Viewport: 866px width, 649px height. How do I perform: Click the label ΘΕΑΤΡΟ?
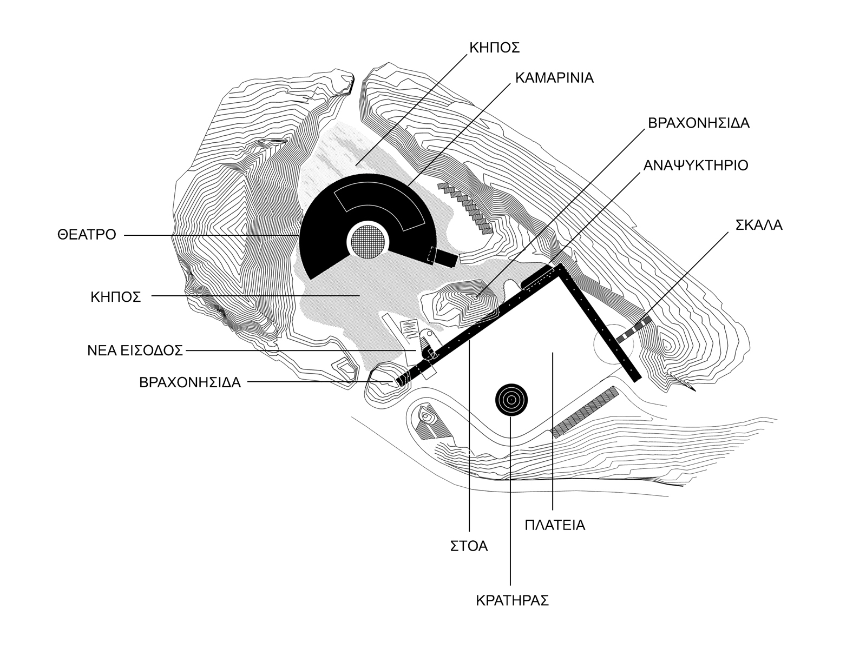point(87,235)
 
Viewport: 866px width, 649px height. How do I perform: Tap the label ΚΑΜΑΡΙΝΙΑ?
point(554,78)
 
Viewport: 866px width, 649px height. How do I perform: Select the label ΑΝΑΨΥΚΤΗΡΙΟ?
point(696,165)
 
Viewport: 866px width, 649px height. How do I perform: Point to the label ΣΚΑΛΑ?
point(759,225)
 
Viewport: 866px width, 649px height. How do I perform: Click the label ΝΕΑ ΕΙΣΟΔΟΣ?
point(135,350)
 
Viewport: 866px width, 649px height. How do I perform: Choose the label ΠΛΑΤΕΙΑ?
point(555,525)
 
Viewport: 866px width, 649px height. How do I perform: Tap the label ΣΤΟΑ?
point(469,546)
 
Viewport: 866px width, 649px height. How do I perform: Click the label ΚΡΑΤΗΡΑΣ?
point(513,600)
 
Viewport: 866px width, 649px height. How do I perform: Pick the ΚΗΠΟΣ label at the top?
point(494,48)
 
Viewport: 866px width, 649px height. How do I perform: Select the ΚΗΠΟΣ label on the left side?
point(116,297)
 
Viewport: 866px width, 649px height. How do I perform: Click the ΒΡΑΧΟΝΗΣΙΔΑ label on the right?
point(699,123)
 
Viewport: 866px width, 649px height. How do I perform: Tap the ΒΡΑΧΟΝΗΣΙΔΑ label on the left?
point(190,382)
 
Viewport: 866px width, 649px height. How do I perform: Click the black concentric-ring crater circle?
point(511,400)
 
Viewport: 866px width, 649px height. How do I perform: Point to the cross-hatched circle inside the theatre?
point(368,242)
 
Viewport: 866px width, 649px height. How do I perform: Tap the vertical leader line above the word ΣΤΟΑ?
point(469,437)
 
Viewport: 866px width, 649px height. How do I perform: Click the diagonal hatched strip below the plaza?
point(585,412)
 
